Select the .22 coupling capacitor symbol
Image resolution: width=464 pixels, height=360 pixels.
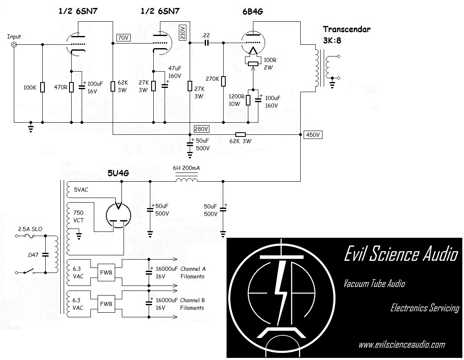tap(206, 43)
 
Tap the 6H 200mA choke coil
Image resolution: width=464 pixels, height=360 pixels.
tap(186, 181)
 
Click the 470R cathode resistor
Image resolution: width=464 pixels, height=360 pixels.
tap(71, 87)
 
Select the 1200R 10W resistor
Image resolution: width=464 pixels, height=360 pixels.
tap(248, 100)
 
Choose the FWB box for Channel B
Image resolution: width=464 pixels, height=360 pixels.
tap(105, 304)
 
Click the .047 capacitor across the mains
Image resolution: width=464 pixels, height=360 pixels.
tap(46, 254)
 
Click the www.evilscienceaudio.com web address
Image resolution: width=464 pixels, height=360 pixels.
tap(402, 345)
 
